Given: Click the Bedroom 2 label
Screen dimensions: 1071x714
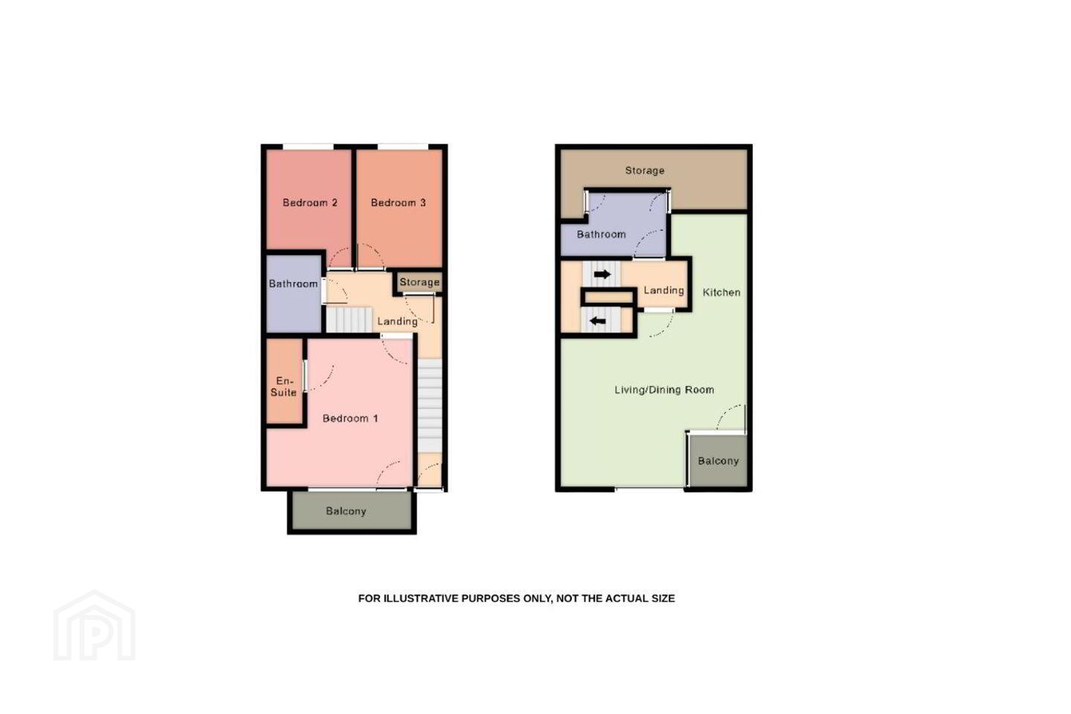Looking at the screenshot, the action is [310, 203].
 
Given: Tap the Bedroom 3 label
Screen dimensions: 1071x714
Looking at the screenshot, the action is [399, 203].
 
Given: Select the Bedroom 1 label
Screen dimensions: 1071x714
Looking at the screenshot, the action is [350, 419].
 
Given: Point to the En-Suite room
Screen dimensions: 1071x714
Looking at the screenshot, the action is [284, 381].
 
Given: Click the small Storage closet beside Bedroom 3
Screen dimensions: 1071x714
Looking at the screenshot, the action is [419, 282].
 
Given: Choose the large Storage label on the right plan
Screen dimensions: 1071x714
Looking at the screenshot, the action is [645, 171].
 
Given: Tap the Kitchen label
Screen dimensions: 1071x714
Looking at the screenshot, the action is [721, 292].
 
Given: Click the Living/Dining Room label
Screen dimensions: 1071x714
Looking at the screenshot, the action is [664, 390].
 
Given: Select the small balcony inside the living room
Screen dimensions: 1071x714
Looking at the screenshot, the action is [718, 460].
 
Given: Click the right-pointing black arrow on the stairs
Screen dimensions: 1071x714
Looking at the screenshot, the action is [602, 274].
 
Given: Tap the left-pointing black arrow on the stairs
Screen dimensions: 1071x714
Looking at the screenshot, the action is [598, 321].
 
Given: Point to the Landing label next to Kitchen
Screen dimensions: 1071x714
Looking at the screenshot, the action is [663, 290].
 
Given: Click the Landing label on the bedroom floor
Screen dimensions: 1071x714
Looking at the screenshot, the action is [397, 321].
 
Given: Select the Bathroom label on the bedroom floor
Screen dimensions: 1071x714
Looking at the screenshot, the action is [293, 283].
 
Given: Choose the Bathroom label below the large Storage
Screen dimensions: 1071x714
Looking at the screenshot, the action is [601, 234].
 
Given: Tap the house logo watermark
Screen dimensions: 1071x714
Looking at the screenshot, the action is [94, 626].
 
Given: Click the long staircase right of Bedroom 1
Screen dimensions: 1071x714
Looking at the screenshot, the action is [430, 405].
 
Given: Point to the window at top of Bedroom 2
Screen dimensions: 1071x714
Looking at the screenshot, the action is [308, 147].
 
